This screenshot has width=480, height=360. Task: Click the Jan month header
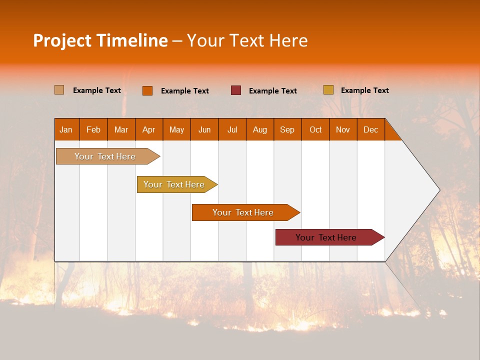66,129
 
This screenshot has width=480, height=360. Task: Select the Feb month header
93,129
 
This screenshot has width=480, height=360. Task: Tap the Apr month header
148,129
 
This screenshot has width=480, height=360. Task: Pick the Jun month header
204,129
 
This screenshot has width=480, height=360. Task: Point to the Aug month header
259,129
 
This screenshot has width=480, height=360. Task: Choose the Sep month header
287,129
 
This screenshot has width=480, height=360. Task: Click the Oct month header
315,129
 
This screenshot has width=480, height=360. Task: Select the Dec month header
370,129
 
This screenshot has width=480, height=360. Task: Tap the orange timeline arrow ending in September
243,212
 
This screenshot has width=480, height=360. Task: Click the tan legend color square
59,90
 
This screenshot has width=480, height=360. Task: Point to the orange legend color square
147,90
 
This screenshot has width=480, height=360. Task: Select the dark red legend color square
236,90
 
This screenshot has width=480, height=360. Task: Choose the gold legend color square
328,90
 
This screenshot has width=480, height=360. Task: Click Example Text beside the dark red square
272,91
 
